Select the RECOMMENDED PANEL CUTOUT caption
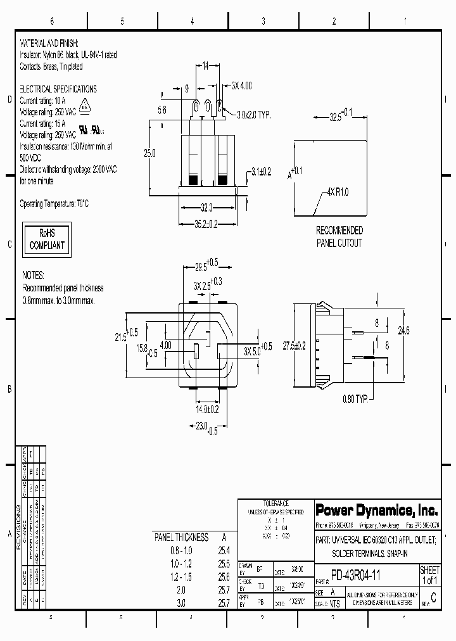339,236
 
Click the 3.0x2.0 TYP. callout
254,115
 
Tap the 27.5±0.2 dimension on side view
294,345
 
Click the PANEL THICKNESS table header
182,537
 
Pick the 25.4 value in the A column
223,550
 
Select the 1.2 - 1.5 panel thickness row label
181,577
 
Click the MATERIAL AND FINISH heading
49,43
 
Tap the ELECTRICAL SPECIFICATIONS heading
58,89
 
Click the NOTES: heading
34,276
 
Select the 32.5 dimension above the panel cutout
341,117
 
